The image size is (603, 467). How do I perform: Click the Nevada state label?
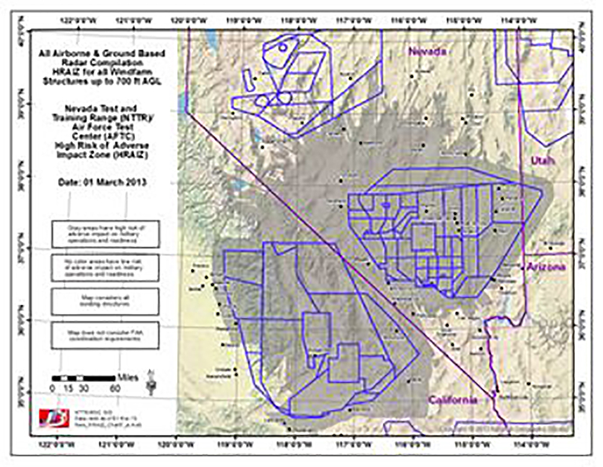(428, 52)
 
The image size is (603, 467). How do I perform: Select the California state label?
(453, 399)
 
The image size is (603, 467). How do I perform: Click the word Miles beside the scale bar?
(128, 378)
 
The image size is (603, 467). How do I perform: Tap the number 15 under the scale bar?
(67, 388)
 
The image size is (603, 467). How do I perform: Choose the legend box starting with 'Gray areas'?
(106, 233)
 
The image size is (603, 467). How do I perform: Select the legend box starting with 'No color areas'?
(106, 267)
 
